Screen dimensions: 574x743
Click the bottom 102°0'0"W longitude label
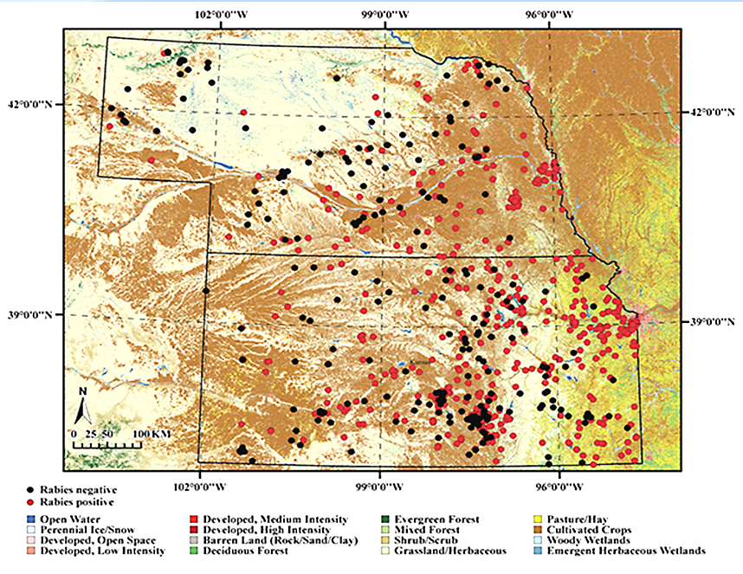(x=200, y=484)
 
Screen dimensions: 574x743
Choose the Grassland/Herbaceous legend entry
(x=448, y=551)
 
